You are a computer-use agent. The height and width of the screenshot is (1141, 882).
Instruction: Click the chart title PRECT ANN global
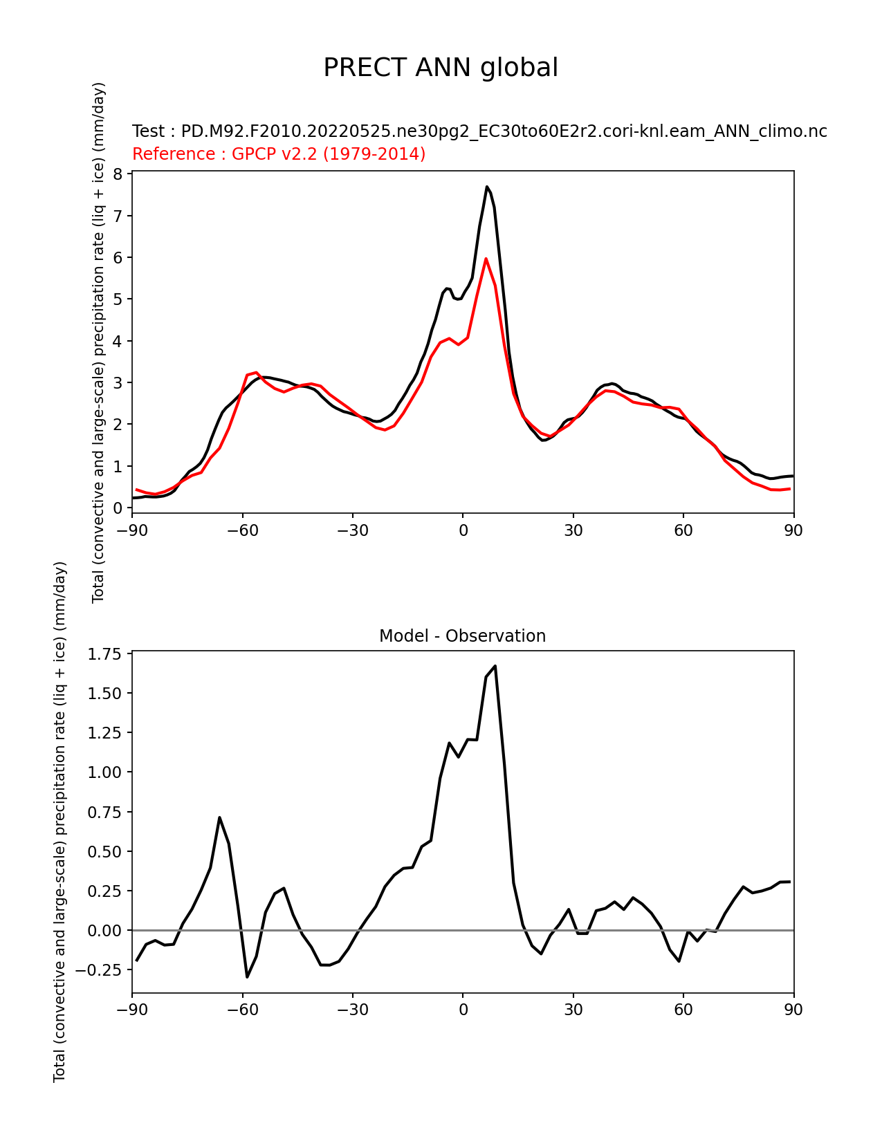tap(440, 68)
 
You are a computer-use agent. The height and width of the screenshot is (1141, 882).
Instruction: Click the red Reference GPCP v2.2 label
tap(278, 154)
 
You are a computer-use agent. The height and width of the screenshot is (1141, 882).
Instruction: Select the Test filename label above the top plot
tap(479, 131)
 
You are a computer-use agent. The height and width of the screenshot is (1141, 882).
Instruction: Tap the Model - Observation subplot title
tap(462, 636)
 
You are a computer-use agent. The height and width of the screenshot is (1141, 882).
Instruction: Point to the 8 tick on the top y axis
tap(118, 174)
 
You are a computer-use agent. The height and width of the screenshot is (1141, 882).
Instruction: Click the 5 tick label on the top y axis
tap(118, 299)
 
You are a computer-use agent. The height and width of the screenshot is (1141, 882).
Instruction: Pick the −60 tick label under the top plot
tap(242, 531)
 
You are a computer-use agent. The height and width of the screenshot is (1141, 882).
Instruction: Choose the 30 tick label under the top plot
tap(573, 531)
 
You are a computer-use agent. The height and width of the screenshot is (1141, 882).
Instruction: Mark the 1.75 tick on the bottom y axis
tap(104, 654)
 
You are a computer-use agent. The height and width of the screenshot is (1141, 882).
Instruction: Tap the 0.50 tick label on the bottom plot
tap(104, 851)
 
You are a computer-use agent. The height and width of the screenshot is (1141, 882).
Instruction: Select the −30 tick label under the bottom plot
tap(353, 1010)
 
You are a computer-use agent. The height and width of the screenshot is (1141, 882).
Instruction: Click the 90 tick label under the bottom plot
tap(793, 1010)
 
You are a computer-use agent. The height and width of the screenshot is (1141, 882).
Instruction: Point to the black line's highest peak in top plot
tap(487, 187)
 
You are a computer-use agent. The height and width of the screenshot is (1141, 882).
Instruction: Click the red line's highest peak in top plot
tap(486, 259)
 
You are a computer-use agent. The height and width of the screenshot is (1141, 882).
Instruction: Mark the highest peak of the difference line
tap(495, 666)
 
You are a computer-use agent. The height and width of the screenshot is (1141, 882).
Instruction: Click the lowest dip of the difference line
tap(247, 976)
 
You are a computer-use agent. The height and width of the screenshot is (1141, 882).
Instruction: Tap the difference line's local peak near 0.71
tap(219, 817)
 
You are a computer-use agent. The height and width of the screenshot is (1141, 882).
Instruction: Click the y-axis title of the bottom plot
tap(59, 822)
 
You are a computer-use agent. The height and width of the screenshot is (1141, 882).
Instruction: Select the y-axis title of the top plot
tap(98, 342)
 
